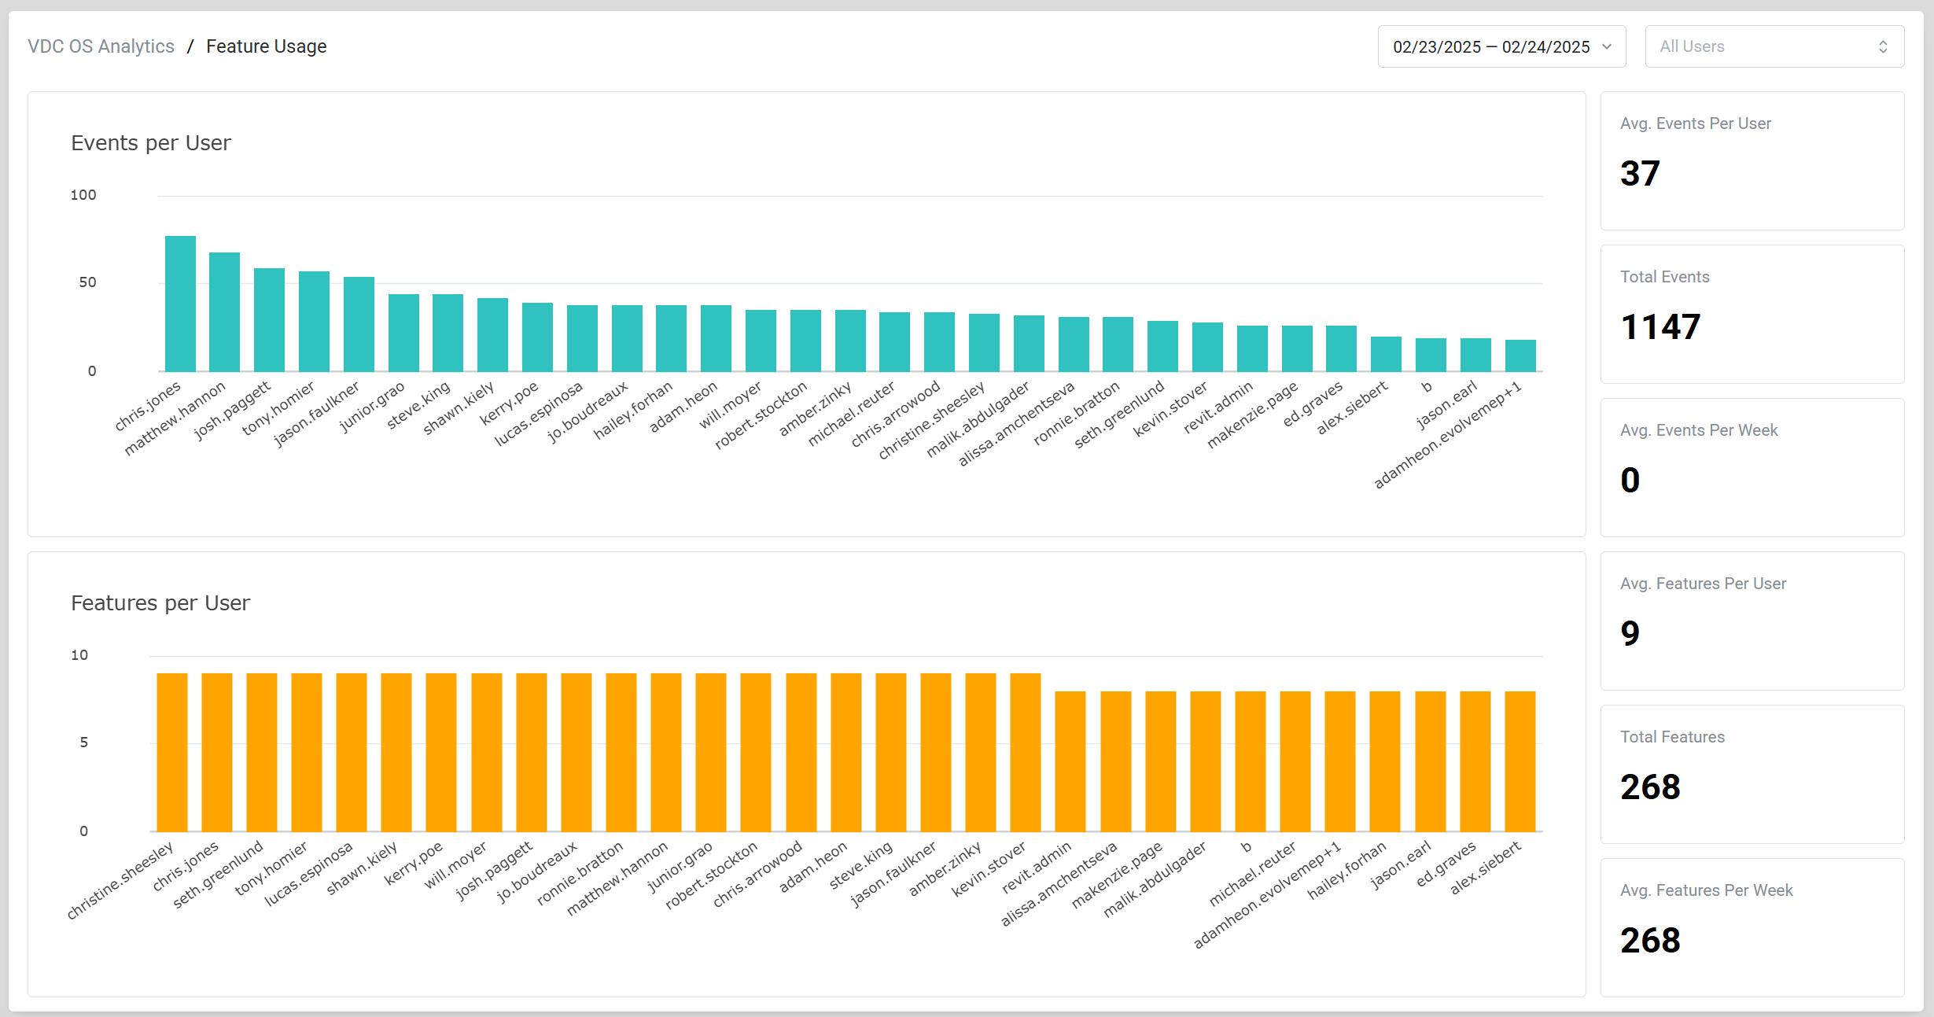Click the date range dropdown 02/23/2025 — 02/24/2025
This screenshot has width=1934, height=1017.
click(1501, 47)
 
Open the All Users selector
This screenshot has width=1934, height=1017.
click(1774, 47)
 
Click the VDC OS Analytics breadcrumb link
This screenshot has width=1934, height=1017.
click(101, 47)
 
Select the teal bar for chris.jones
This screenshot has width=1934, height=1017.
click(180, 304)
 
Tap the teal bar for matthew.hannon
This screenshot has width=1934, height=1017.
click(224, 312)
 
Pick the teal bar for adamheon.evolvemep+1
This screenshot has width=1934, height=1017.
click(1520, 356)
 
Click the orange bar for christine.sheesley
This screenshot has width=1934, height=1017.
click(172, 752)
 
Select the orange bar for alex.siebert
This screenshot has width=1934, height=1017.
click(1520, 761)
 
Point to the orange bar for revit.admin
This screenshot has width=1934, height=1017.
click(1070, 761)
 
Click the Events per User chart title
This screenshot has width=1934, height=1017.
click(151, 143)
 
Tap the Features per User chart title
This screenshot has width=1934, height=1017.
click(160, 603)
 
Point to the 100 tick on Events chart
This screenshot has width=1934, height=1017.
click(83, 195)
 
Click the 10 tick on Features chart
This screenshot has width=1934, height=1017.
click(79, 655)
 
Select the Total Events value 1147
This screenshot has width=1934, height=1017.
click(1660, 327)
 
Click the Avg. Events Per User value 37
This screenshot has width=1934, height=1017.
click(1640, 174)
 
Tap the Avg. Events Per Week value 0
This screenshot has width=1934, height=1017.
click(1630, 481)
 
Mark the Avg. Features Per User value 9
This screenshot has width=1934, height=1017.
click(1630, 634)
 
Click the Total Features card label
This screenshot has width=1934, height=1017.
click(1672, 737)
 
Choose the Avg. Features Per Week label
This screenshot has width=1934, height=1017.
click(1706, 890)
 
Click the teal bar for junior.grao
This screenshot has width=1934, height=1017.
click(403, 333)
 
